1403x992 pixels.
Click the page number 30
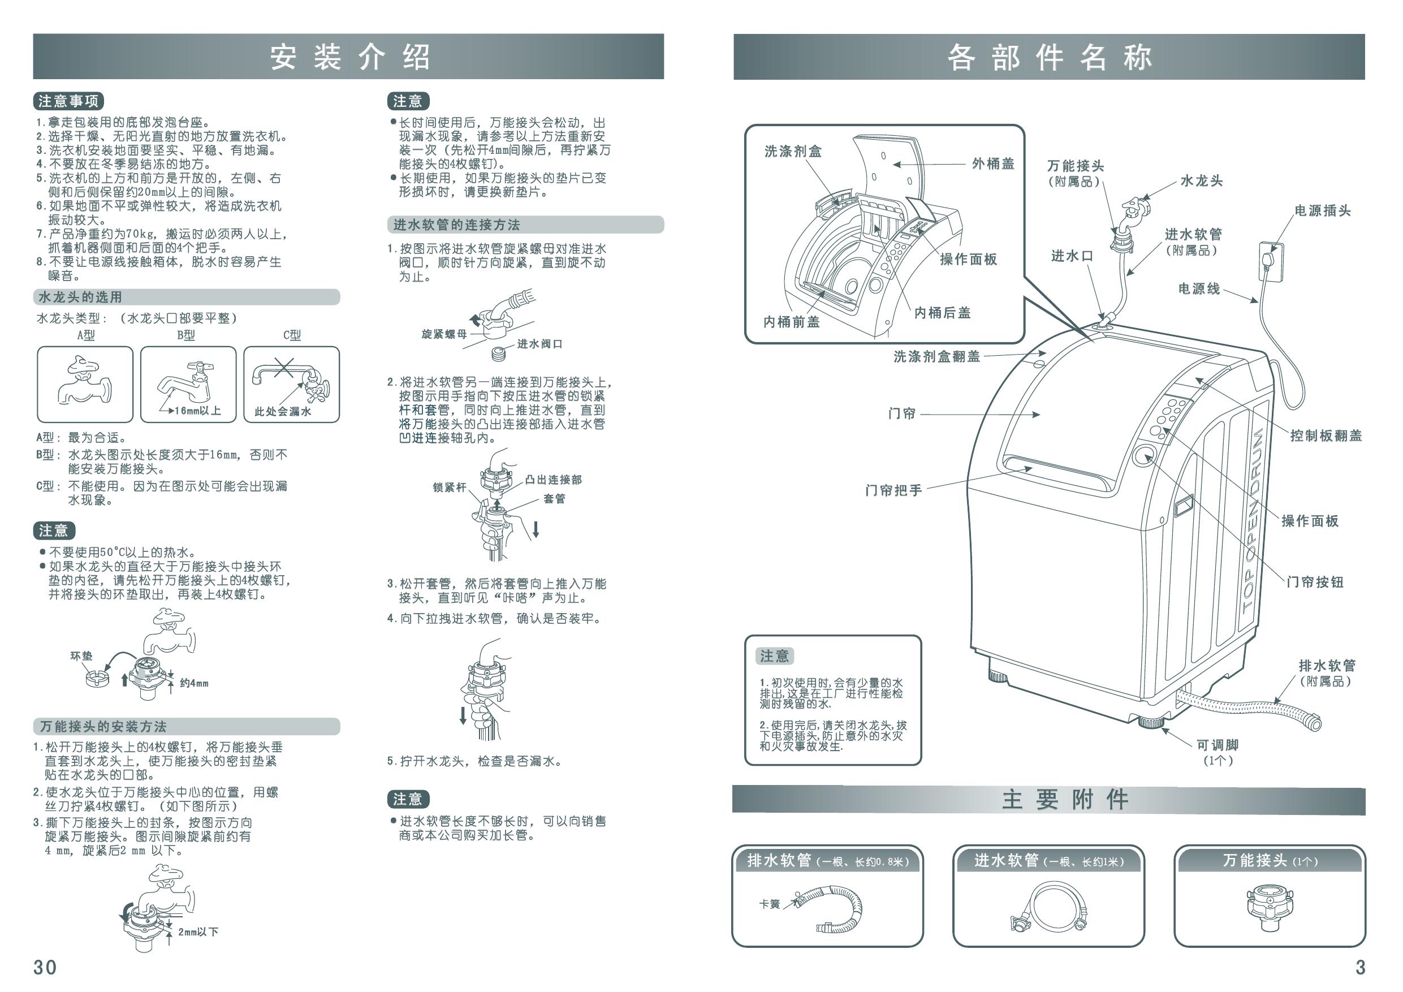[x=45, y=968]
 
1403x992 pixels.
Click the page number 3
[x=1360, y=968]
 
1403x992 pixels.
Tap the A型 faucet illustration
[x=84, y=381]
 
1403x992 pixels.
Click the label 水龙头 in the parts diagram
[x=1201, y=181]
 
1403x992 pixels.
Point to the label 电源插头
[x=1322, y=211]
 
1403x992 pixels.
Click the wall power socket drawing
[x=1271, y=262]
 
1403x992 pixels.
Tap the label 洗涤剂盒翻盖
[x=937, y=356]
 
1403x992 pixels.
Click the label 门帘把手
[x=893, y=490]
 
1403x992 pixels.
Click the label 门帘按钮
[x=1315, y=582]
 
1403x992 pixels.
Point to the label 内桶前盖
[x=792, y=321]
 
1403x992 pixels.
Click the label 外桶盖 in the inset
[x=993, y=163]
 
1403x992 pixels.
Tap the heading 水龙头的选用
[x=80, y=297]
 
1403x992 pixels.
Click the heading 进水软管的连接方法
[x=456, y=225]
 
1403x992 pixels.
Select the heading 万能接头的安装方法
[x=103, y=727]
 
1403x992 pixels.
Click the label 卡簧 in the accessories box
[x=769, y=904]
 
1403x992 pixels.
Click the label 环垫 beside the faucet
[x=81, y=656]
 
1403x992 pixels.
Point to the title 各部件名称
[x=1049, y=58]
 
